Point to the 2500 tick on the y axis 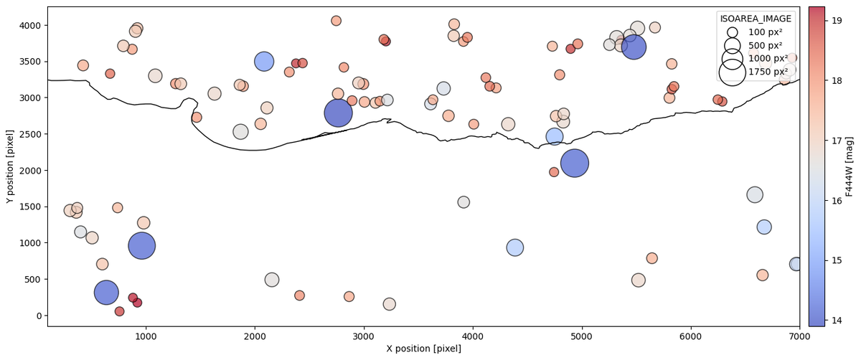point(48,134)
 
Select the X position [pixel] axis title point(423,349)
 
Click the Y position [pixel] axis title point(10,166)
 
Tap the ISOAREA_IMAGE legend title point(756,19)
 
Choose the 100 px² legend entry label point(766,32)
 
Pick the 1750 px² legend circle point(732,71)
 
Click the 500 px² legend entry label point(766,45)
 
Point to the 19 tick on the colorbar point(826,22)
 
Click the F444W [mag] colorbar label point(850,166)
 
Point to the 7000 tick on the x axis point(800,326)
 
